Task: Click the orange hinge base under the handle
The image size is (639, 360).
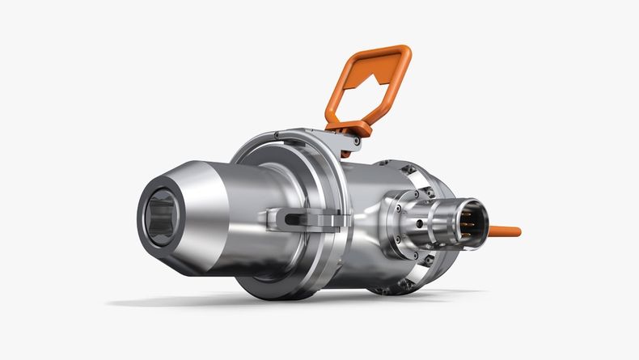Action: [356, 129]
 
